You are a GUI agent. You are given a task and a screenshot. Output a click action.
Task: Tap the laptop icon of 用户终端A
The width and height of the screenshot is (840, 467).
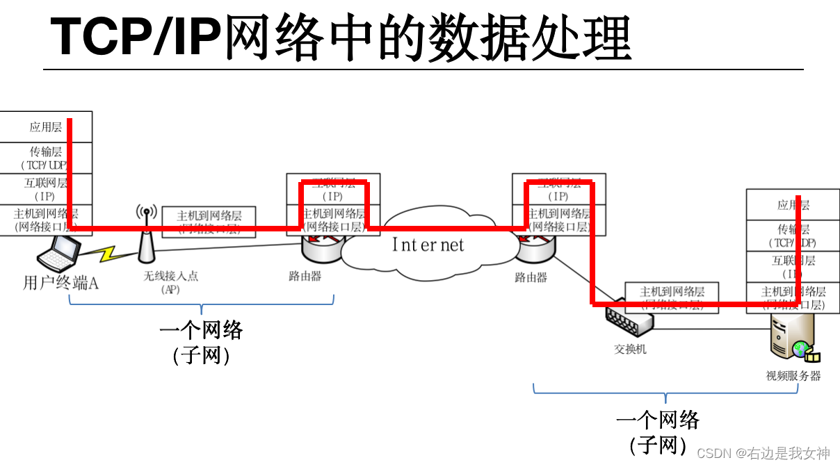pyautogui.click(x=60, y=254)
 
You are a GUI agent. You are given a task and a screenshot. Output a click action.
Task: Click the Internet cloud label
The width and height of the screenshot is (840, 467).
pyautogui.click(x=427, y=245)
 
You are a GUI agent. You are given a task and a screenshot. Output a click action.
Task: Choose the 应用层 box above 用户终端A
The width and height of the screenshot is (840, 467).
pyautogui.click(x=46, y=127)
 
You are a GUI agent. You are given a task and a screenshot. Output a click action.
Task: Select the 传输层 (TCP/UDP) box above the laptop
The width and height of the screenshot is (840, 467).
pyautogui.click(x=46, y=158)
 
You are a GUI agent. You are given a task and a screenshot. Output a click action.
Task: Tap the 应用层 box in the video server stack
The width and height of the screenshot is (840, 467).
pyautogui.click(x=793, y=205)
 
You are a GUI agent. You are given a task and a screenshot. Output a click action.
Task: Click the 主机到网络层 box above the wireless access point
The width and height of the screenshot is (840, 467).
pyautogui.click(x=209, y=221)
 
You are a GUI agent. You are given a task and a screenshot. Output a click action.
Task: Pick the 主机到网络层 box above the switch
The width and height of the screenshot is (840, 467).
pyautogui.click(x=672, y=297)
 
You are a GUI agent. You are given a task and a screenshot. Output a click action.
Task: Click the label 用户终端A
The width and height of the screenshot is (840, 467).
pyautogui.click(x=61, y=284)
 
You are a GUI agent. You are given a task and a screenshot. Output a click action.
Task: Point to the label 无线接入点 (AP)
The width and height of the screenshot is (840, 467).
pyautogui.click(x=171, y=282)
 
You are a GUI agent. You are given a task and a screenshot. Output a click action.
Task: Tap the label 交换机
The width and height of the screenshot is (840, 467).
pyautogui.click(x=630, y=349)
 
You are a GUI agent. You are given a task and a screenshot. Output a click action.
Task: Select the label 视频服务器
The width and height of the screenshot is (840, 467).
pyautogui.click(x=793, y=376)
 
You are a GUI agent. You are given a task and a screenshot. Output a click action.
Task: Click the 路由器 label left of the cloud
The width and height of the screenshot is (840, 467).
pyautogui.click(x=305, y=276)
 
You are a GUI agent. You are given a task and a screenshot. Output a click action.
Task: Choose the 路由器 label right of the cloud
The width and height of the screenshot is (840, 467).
pyautogui.click(x=531, y=277)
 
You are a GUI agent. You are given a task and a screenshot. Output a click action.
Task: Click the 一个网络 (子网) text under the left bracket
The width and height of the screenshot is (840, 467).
pyautogui.click(x=201, y=341)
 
